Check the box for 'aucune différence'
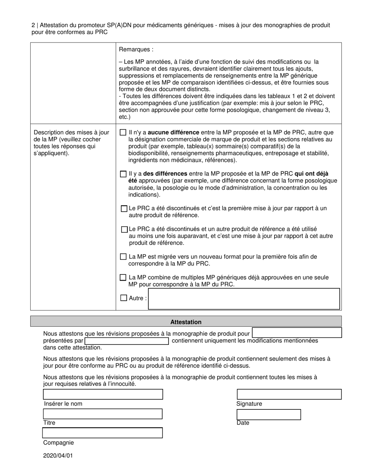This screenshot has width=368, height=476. point(123,132)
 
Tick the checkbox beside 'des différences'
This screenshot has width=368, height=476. point(123,174)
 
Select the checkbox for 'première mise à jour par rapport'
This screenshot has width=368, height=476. point(124,209)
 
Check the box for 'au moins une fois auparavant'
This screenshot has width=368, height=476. point(124,229)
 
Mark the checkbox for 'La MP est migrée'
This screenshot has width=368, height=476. point(123,257)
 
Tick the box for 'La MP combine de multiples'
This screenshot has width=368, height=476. point(123,277)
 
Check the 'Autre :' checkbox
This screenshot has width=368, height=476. point(124,298)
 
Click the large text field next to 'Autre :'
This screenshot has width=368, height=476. point(244,299)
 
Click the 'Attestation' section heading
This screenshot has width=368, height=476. point(186,322)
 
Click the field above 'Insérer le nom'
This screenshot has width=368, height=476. point(103,394)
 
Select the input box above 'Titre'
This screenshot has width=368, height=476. point(103,414)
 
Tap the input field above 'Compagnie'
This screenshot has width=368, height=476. point(103,433)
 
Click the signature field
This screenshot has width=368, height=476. point(289,394)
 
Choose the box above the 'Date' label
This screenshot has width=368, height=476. point(268,414)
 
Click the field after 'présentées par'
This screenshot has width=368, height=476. point(127,341)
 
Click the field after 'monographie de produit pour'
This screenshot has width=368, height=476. point(297,333)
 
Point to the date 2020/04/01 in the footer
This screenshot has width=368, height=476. point(58,455)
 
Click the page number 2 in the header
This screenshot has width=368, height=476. point(33,25)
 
